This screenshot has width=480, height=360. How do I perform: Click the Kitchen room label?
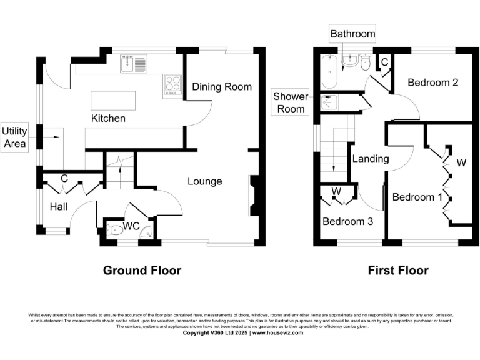pyautogui.click(x=108, y=118)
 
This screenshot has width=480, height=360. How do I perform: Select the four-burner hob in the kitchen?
pyautogui.click(x=172, y=85)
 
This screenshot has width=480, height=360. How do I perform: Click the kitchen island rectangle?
pyautogui.click(x=113, y=100)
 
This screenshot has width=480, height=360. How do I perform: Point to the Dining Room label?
pyautogui.click(x=221, y=87)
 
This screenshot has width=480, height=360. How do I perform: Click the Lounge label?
pyautogui.click(x=205, y=181)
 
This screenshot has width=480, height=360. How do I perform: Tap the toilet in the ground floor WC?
pyautogui.click(x=115, y=230)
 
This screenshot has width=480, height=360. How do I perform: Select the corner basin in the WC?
pyautogui.click(x=147, y=232)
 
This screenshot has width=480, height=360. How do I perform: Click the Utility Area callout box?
pyautogui.click(x=14, y=137)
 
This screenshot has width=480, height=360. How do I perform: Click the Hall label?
pyautogui.click(x=58, y=206)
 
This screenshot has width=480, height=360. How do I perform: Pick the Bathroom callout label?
pyautogui.click(x=352, y=34)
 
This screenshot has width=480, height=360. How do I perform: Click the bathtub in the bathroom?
pyautogui.click(x=328, y=72)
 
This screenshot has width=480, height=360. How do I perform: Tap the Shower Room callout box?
pyautogui.click(x=291, y=102)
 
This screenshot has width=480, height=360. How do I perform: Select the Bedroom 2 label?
pyautogui.click(x=429, y=82)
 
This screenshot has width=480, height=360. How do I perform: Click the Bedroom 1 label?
pyautogui.click(x=413, y=197)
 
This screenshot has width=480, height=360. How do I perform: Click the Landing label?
pyautogui.click(x=370, y=159)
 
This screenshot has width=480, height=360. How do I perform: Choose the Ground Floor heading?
pyautogui.click(x=142, y=271)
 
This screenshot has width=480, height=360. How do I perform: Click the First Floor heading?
pyautogui.click(x=397, y=271)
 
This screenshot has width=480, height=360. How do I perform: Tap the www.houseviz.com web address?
pyautogui.click(x=277, y=333)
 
